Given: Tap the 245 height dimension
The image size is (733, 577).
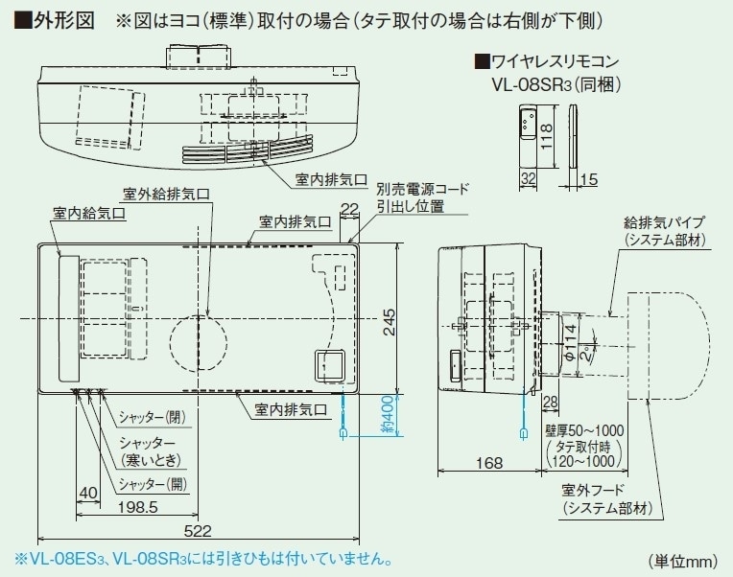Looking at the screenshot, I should pos(389,321).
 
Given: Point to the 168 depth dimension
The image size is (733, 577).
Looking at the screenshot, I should pos(488,464).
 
